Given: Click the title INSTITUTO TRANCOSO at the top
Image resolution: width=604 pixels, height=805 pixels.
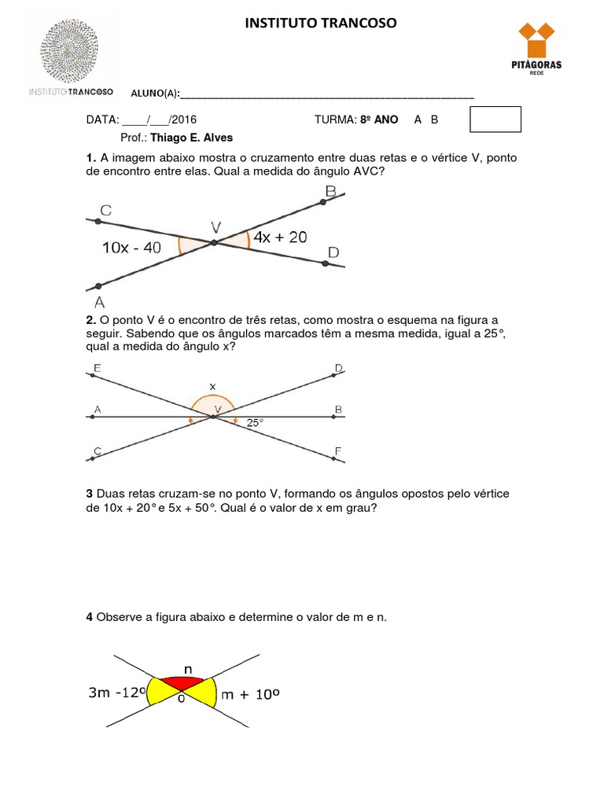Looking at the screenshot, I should click(x=322, y=24).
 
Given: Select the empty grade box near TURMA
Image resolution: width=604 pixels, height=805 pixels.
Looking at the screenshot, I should click(x=495, y=119).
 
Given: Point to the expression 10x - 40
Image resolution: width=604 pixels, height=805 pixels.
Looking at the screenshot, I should click(x=131, y=247).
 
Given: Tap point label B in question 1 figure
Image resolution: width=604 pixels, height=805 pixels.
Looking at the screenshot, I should click(x=330, y=191).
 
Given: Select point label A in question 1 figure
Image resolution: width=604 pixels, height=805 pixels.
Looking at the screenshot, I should click(x=99, y=301).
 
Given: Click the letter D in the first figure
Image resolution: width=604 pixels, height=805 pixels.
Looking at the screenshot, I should click(x=333, y=252).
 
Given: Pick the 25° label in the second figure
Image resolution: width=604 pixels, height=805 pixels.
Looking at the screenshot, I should click(x=255, y=423).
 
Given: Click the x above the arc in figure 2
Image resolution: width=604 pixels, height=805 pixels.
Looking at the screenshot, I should click(x=212, y=386).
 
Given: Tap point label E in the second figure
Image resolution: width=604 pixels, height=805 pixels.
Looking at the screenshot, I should click(x=97, y=368).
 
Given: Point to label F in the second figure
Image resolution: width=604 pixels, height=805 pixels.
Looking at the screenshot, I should click(x=337, y=450).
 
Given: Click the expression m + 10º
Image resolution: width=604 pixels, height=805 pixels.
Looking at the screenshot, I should click(x=252, y=694).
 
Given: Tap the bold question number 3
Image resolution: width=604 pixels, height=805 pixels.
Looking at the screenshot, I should click(x=90, y=493).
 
